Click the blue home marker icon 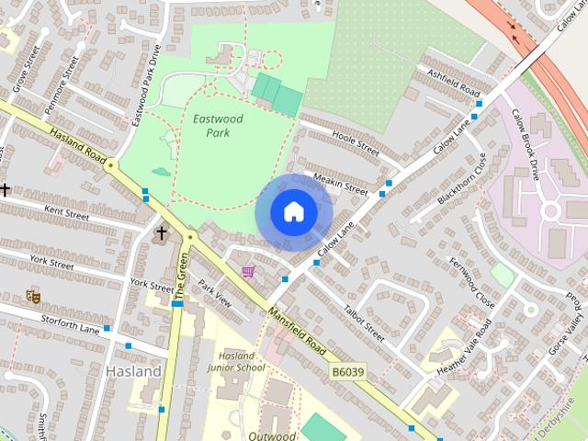(x=292, y=211)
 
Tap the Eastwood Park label (x=211, y=126)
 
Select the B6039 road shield (x=348, y=371)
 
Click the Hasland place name (x=133, y=371)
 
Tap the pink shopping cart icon (x=248, y=271)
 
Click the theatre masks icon (x=33, y=296)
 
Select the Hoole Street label (x=356, y=146)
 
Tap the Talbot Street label (x=364, y=323)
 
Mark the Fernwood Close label (x=472, y=282)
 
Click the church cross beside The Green (x=162, y=233)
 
